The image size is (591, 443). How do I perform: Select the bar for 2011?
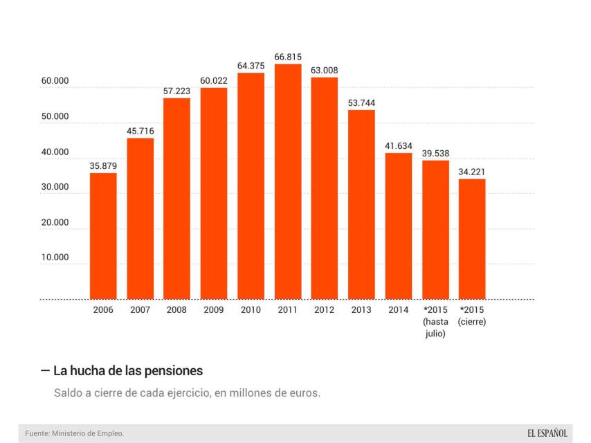tap(288, 181)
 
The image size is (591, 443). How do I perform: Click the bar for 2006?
tap(103, 236)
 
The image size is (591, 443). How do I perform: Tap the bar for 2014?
tap(399, 226)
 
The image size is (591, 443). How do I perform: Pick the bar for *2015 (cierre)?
tap(472, 239)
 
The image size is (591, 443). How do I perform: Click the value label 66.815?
tap(288, 57)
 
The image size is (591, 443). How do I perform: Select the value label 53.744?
tap(361, 103)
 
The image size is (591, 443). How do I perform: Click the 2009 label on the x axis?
tap(214, 310)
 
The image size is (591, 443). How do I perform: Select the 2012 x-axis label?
tap(325, 310)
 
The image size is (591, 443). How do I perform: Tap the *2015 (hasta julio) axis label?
tap(435, 322)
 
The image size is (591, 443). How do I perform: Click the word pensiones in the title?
tap(172, 370)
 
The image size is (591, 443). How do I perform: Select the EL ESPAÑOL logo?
tap(547, 433)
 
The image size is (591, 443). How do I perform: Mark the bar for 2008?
tap(177, 199)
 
